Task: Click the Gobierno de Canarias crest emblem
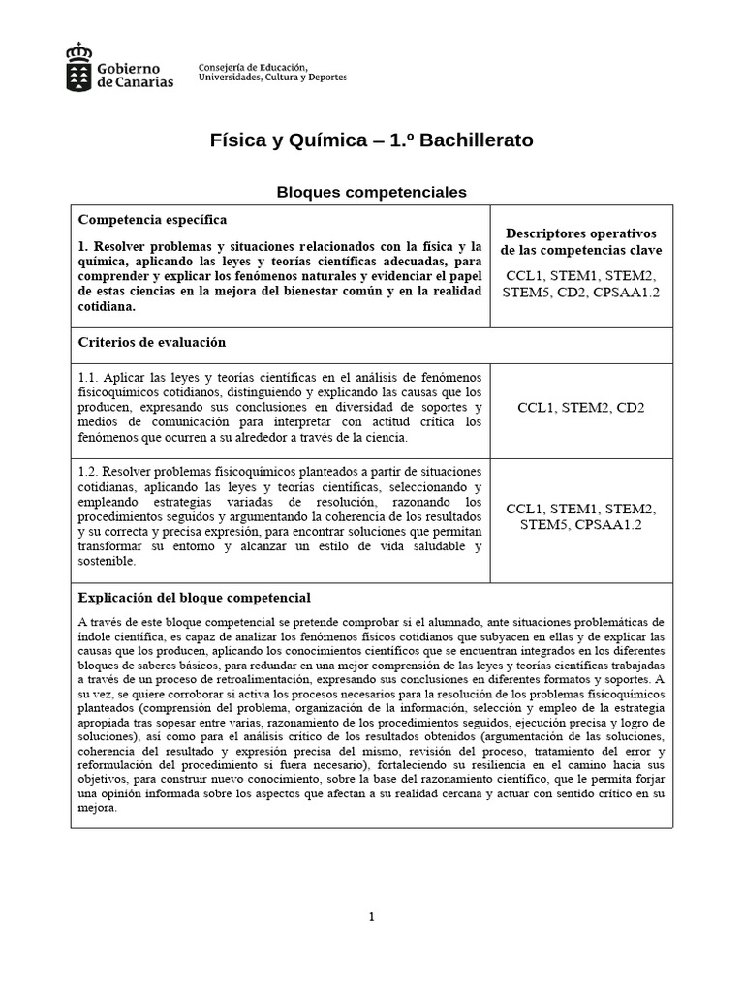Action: tap(80, 66)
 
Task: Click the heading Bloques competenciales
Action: tap(372, 192)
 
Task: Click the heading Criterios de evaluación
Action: tap(151, 342)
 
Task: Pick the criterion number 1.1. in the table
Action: tap(88, 375)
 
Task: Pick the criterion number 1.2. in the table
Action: tap(88, 470)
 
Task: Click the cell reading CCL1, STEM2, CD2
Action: tap(581, 408)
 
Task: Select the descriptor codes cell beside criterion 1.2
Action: tap(581, 517)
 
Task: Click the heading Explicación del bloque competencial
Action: tap(194, 597)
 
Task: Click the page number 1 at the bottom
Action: tap(372, 917)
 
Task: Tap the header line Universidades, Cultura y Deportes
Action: tap(271, 77)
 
